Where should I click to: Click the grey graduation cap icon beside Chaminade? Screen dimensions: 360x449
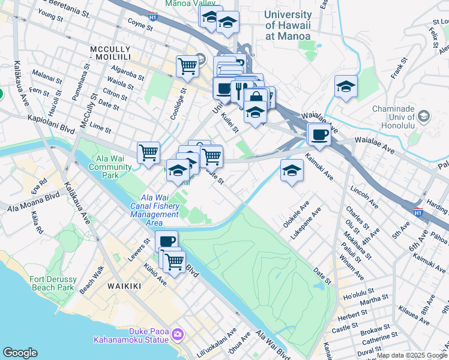[x=424, y=116]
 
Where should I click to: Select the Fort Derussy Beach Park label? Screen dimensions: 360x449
[x=53, y=283]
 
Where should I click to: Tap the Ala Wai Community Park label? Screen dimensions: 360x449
[x=110, y=167]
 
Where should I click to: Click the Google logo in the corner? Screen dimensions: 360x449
[x=20, y=353]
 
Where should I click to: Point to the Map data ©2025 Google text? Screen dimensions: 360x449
[x=412, y=355]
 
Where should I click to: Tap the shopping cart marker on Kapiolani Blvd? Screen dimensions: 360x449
[x=148, y=152]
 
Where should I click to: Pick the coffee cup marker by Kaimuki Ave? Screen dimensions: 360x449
[x=319, y=134]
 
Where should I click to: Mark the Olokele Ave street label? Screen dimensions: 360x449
[x=295, y=217]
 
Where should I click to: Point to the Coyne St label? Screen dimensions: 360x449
[x=141, y=23]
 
